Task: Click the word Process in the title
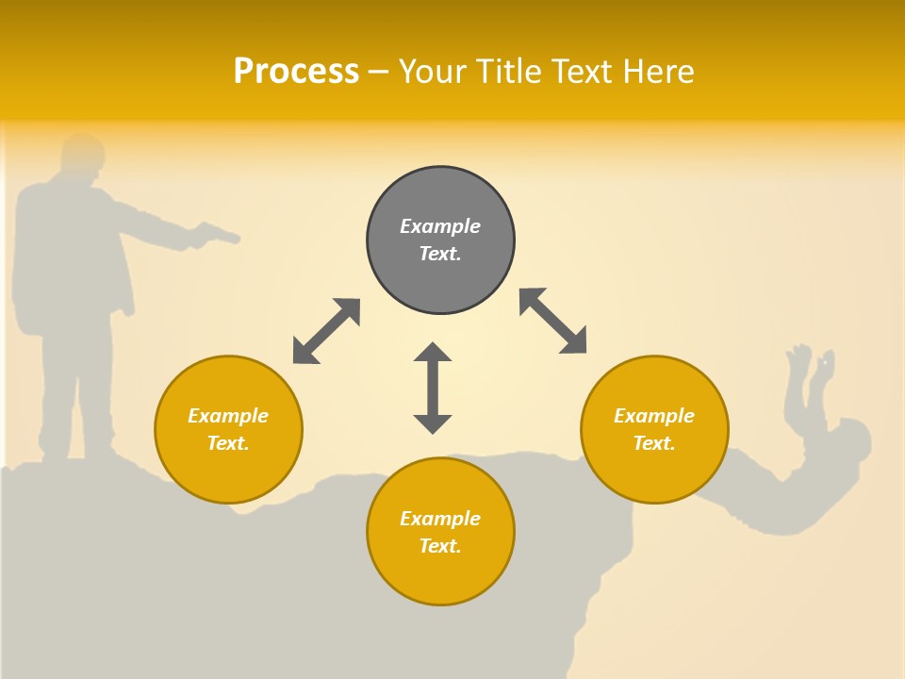296,72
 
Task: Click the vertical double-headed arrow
433,388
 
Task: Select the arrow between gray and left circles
326,331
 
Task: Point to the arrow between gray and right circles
553,321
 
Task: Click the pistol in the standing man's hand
214,233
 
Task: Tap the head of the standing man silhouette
82,156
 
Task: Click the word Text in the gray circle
440,254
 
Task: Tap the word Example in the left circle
228,416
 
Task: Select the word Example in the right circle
654,416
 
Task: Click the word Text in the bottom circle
440,546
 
